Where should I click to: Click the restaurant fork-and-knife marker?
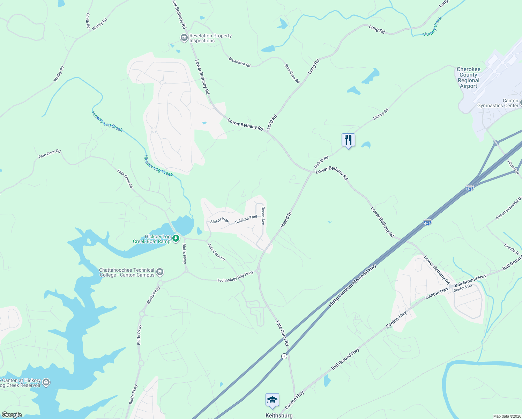(x=348, y=140)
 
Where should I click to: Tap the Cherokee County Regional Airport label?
(x=468, y=78)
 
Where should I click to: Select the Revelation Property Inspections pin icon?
(x=184, y=38)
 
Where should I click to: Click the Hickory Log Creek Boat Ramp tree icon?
(x=176, y=238)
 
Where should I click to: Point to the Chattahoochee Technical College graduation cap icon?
(x=159, y=272)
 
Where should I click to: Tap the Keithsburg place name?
(x=279, y=416)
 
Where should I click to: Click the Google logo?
(x=12, y=415)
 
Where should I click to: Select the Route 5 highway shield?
(x=284, y=356)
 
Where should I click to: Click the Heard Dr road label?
(x=286, y=220)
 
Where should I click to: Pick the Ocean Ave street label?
(x=263, y=215)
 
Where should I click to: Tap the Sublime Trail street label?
(x=246, y=219)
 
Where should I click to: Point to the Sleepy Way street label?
(x=219, y=221)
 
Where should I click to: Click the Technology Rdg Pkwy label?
(x=235, y=277)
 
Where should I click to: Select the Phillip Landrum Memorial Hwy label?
(x=352, y=286)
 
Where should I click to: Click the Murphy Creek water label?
(x=432, y=27)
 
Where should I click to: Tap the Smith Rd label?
(x=88, y=21)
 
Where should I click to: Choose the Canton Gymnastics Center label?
(x=498, y=103)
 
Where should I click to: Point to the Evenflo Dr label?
(x=512, y=249)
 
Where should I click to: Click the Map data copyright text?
(x=506, y=416)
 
